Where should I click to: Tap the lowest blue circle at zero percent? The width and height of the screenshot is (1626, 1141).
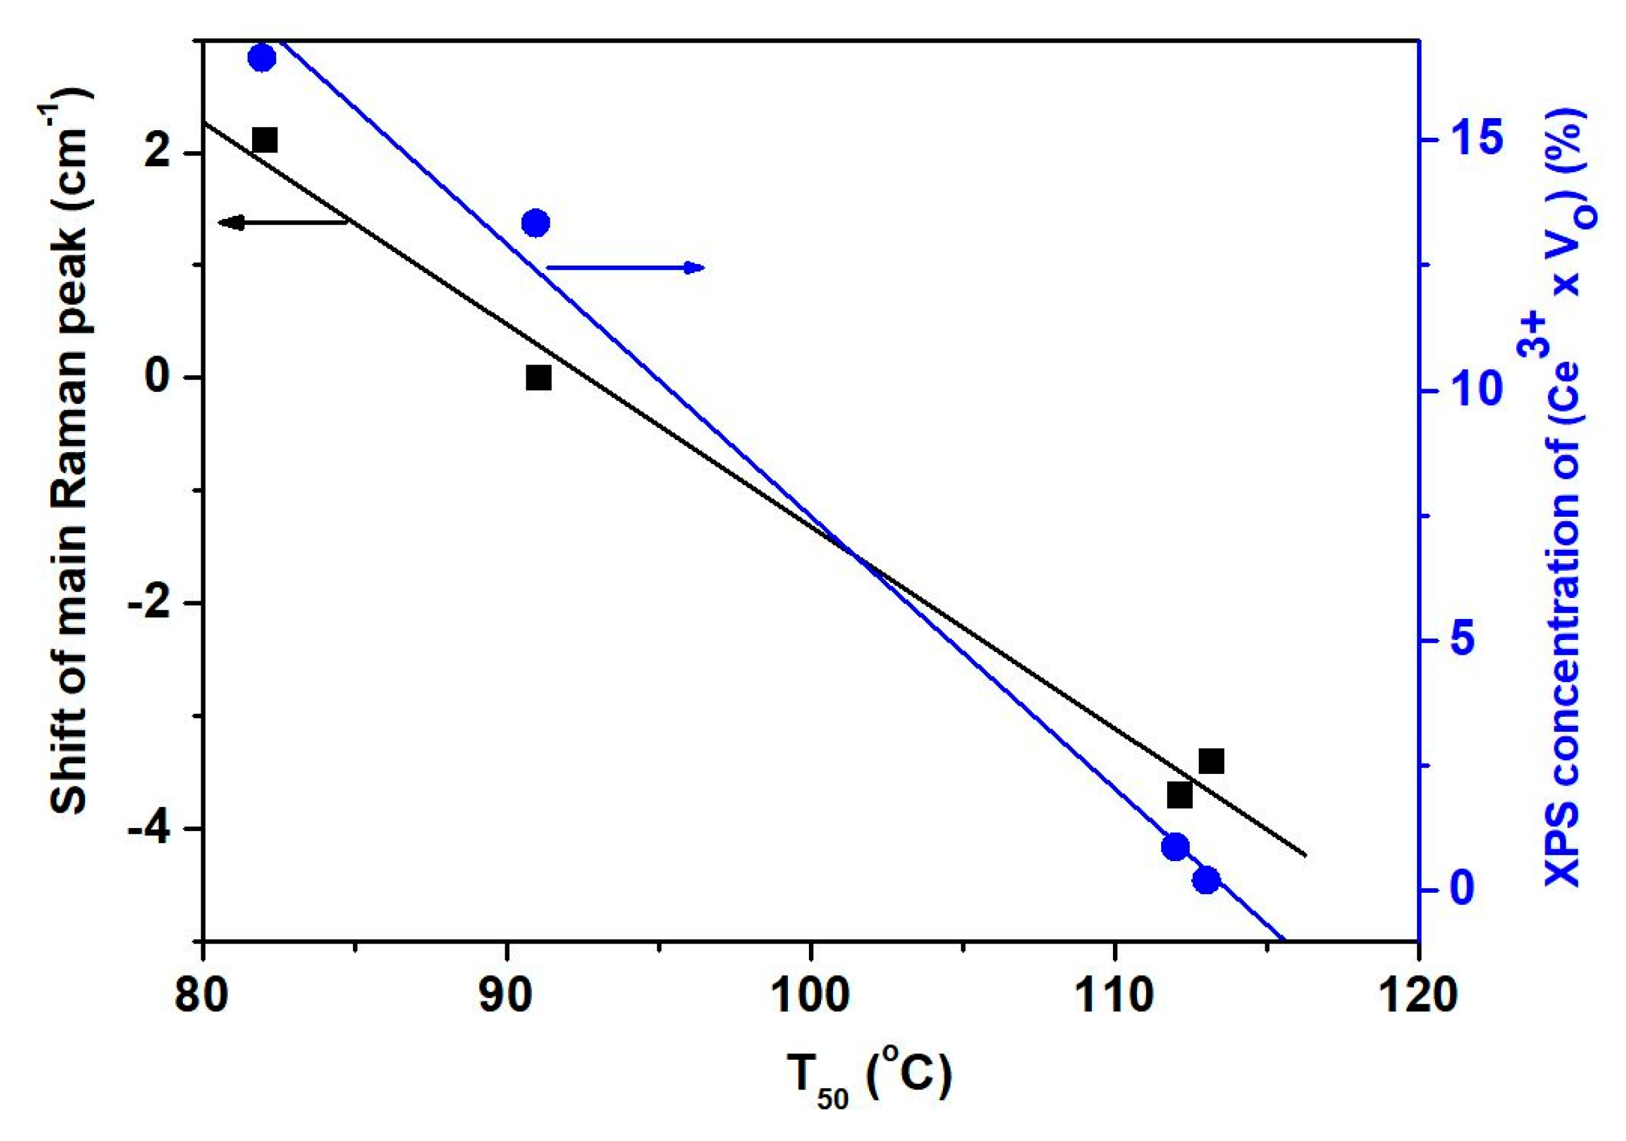point(1206,881)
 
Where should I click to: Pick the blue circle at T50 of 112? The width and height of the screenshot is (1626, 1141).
point(1175,847)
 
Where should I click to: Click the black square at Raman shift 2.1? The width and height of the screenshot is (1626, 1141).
point(264,140)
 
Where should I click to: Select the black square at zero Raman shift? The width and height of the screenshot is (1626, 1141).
point(538,378)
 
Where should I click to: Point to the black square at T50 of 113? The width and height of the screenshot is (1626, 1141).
point(1211,761)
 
